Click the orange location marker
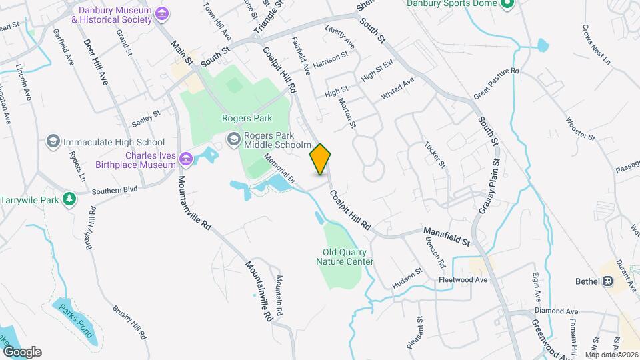point(321,159)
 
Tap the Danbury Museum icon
point(161,14)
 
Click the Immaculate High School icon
point(52,141)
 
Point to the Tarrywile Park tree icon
point(69,199)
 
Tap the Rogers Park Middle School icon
point(233,139)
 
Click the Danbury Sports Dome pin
point(507,4)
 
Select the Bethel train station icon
point(607,281)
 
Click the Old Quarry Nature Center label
point(345,257)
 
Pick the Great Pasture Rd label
point(496,84)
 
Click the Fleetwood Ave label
point(463,279)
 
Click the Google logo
point(22,352)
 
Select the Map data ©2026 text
point(611,354)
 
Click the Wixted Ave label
point(398,89)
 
